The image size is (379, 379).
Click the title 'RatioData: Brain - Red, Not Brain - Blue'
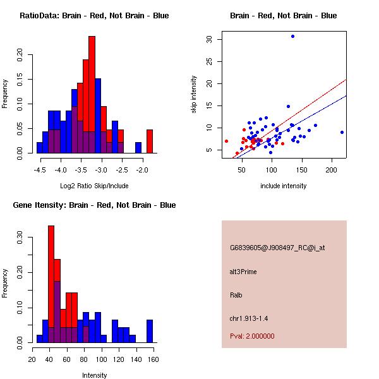[94, 16]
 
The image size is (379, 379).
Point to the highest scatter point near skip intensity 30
[292, 36]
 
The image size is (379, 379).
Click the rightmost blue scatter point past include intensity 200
[342, 132]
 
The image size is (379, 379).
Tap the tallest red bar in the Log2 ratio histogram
[92, 95]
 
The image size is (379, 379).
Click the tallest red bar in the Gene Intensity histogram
[51, 284]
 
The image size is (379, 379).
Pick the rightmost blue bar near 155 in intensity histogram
[150, 331]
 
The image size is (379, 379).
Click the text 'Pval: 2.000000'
[252, 336]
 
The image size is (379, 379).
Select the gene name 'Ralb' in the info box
[236, 295]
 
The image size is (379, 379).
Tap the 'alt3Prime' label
[243, 272]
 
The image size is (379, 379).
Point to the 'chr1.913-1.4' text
[248, 318]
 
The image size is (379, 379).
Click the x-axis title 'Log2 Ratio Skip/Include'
[94, 186]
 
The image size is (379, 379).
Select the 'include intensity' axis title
[283, 186]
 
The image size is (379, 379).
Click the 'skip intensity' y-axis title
[194, 94]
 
